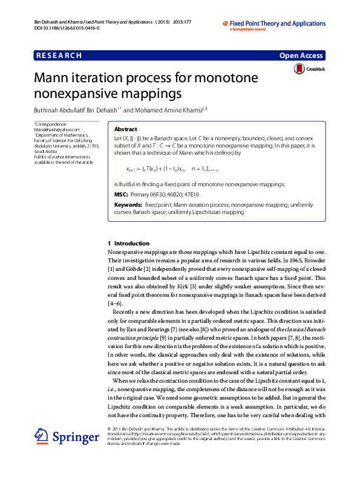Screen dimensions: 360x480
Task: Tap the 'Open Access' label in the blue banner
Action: coord(301,56)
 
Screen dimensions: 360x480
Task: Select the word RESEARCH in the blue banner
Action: coord(59,56)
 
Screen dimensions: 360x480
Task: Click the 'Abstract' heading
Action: coord(125,129)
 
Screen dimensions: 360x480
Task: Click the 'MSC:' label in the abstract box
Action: coord(120,194)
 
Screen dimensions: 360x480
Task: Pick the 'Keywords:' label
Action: coord(128,205)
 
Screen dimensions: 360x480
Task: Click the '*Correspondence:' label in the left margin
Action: coord(51,124)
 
